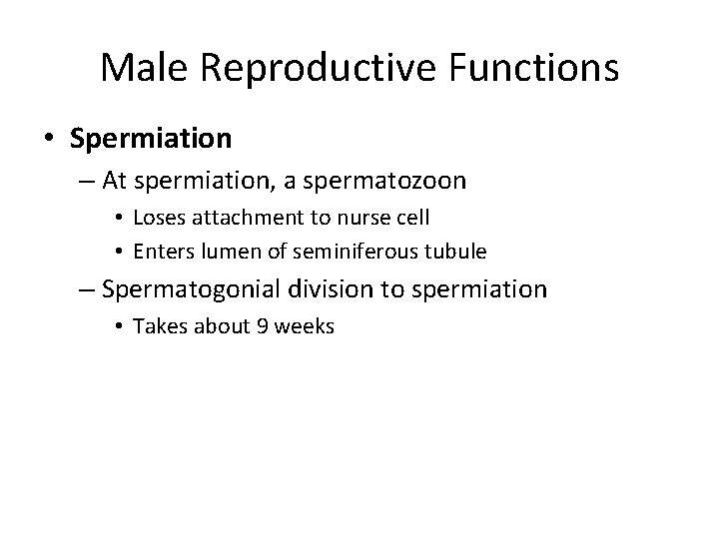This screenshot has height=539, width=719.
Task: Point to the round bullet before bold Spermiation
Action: pyautogui.click(x=50, y=139)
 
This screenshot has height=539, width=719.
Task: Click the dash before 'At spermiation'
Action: pyautogui.click(x=86, y=182)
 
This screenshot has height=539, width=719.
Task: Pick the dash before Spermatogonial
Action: pyautogui.click(x=86, y=290)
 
